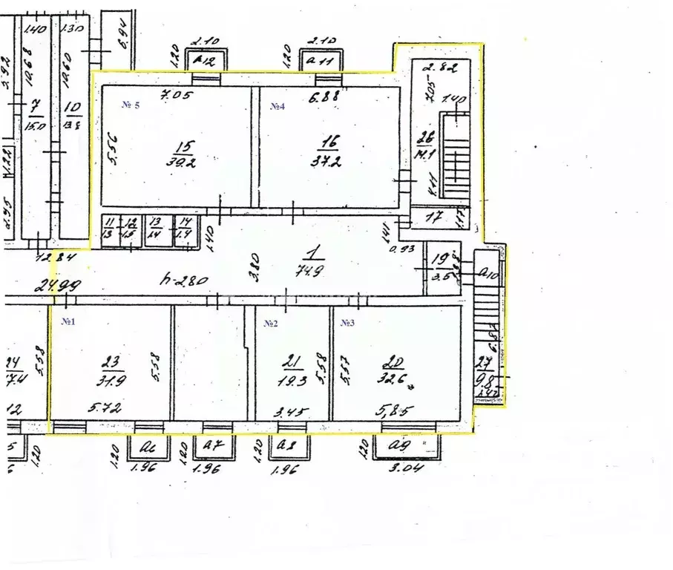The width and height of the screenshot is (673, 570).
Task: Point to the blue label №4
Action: (x=278, y=106)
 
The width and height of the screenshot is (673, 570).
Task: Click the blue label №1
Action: (x=70, y=322)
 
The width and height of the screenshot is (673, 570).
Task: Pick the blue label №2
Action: (x=270, y=324)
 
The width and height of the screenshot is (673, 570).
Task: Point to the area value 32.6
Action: (x=392, y=381)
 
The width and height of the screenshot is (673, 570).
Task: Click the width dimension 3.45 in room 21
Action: (x=292, y=410)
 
